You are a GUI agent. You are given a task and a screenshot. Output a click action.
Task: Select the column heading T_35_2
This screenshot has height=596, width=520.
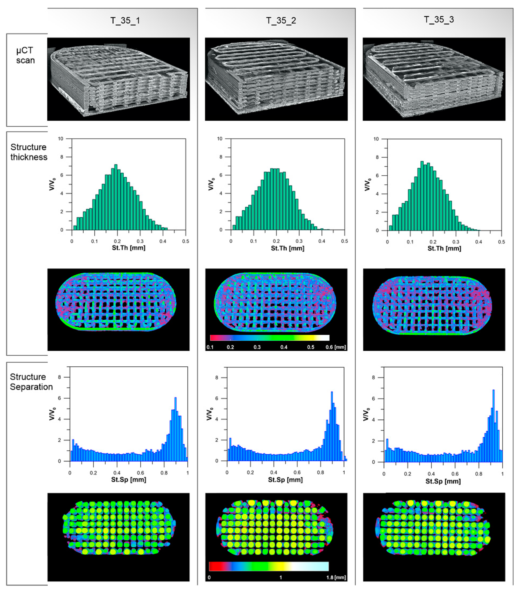pyautogui.click(x=281, y=21)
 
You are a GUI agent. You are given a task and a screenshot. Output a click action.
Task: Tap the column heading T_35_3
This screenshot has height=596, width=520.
pyautogui.click(x=439, y=20)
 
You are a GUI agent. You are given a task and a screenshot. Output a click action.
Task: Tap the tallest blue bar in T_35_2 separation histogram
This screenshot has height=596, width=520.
pyautogui.click(x=332, y=426)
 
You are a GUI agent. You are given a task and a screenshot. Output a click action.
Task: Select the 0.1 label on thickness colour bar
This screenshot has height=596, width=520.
pyautogui.click(x=210, y=347)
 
